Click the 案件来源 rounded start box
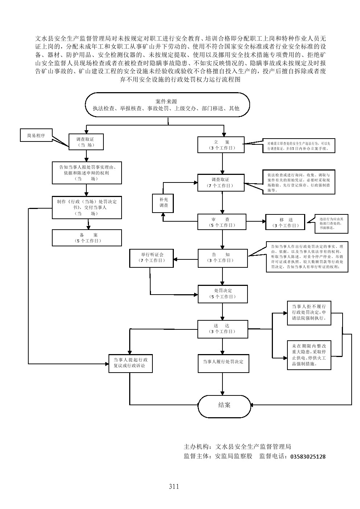coord(167,105)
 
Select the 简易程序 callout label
coord(36,135)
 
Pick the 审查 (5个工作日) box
coord(222,222)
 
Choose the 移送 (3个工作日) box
coord(286,222)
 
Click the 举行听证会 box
coord(152,258)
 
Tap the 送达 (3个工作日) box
coord(222,329)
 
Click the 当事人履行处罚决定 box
coord(223,363)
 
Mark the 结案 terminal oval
coord(224,405)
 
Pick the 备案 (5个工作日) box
coord(86,238)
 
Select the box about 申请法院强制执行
coord(309,312)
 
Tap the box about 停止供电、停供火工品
coord(309,355)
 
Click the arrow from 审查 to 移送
coord(256,221)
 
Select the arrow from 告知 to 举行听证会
coord(185,259)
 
